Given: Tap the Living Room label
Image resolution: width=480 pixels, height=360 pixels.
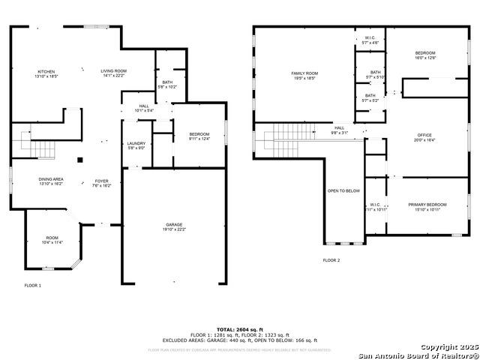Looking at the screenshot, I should pos(115,72).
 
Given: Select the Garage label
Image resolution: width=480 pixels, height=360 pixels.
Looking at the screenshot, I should pos(174,224).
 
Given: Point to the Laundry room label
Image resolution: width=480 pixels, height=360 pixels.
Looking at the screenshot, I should pos(136,143).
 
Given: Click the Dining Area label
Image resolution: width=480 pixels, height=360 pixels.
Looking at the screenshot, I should pos(30,180).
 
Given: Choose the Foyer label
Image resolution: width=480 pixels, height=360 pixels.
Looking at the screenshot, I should pos(101,181).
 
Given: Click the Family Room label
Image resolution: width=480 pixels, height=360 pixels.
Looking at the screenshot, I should pos(304,73).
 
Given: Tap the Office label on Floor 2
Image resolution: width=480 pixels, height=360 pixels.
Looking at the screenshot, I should pos(424,135).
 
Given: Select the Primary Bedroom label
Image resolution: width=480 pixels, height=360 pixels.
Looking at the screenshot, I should pos(427,204).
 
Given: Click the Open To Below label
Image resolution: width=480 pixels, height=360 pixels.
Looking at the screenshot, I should pos(343,190).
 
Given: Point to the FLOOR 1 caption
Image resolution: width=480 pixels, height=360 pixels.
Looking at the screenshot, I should pos(33,285).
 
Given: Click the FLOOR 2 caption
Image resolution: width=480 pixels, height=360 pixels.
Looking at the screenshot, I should pos(331,259).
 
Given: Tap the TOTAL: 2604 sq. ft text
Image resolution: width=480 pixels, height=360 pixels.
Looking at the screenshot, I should pos(239,329).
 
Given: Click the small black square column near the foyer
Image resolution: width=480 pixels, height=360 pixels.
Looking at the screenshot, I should pos(80,159).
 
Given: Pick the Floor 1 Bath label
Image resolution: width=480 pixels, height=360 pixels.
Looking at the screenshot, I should pos(166,82).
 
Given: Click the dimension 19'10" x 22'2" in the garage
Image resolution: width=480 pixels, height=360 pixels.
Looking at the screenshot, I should pos(174,229).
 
